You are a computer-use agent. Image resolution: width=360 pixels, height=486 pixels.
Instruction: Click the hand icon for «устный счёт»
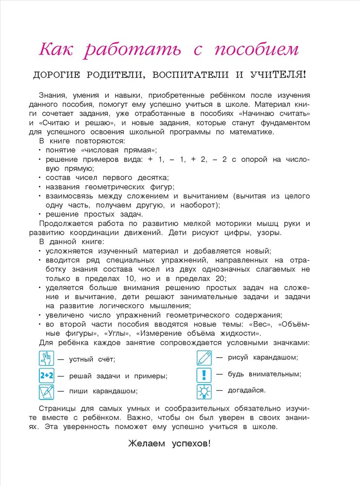pos(46,359)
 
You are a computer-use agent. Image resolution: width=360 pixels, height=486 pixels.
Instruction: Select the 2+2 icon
pos(46,376)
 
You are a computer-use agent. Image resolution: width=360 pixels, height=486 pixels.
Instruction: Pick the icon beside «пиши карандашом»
pos(46,392)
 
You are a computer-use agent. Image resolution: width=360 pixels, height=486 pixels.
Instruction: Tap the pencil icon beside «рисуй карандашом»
pos(204,358)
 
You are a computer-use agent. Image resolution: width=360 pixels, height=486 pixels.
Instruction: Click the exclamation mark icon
pos(204,375)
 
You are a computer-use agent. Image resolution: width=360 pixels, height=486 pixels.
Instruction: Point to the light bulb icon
pos(204,391)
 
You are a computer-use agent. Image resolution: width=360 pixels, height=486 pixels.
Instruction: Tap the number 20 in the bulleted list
pos(218,278)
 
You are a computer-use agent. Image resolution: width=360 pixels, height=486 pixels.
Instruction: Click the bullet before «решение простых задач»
pos(40,214)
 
